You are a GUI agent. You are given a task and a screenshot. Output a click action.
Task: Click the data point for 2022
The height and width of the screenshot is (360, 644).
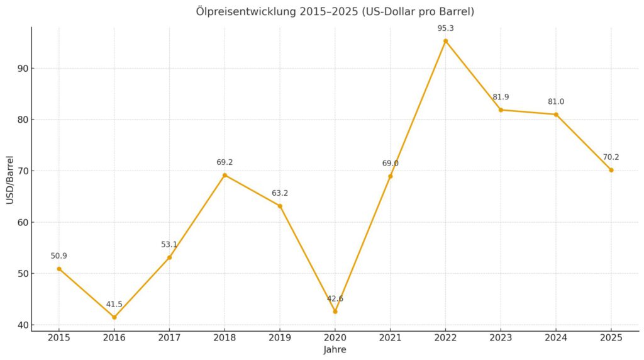(445, 41)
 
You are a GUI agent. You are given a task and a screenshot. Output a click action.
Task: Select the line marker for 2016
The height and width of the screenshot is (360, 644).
(114, 317)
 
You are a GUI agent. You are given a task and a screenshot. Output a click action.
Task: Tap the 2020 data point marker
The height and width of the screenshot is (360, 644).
(335, 312)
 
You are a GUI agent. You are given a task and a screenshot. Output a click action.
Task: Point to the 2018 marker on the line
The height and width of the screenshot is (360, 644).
(225, 175)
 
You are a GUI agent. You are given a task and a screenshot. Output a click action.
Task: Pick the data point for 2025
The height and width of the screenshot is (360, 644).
(611, 170)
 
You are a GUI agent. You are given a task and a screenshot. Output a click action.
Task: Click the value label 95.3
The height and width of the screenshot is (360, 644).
(445, 28)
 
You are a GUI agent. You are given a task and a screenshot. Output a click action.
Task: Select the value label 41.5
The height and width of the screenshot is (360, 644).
(114, 305)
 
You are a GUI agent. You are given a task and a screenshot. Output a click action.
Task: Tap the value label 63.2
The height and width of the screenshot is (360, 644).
(280, 193)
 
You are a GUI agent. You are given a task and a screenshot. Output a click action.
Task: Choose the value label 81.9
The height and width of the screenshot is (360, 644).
(501, 97)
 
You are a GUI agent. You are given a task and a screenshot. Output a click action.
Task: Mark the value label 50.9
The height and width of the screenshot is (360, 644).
(58, 256)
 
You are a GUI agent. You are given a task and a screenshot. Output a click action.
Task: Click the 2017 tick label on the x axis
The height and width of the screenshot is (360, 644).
(169, 338)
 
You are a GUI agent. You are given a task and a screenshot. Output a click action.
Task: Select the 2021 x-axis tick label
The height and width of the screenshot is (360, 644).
(390, 338)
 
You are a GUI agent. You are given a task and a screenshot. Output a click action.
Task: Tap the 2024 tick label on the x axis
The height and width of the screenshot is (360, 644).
(556, 338)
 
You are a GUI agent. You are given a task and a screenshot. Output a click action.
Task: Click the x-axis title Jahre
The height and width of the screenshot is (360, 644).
(335, 350)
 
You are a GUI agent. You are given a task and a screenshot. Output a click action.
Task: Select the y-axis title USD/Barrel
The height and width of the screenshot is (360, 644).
(9, 179)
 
